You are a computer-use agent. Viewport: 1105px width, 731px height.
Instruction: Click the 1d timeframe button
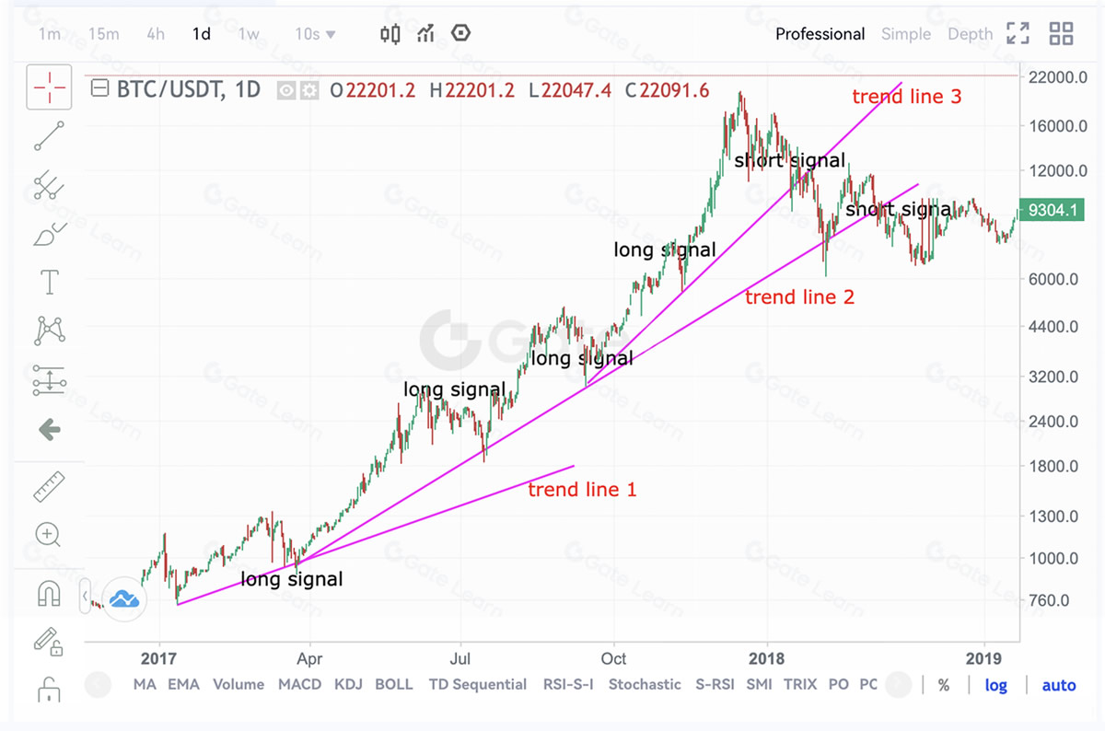click(201, 34)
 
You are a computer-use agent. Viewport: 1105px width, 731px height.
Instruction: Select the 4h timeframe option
click(156, 34)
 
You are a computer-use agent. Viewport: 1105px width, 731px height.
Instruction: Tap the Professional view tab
click(820, 34)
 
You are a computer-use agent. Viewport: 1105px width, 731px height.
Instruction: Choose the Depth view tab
click(970, 34)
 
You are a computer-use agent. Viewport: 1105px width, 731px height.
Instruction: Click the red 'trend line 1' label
click(582, 490)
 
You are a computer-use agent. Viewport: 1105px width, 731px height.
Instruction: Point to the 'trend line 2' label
click(799, 296)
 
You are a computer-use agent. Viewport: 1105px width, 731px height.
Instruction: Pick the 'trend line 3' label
click(906, 96)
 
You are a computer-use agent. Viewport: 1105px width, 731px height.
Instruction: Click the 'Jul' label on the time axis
click(460, 658)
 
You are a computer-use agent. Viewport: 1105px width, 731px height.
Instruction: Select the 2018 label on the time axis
click(766, 658)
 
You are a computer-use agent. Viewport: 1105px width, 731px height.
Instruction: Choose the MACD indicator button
click(300, 684)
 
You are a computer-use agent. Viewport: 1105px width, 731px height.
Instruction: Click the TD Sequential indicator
click(477, 684)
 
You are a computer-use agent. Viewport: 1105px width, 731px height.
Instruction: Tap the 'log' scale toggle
click(995, 685)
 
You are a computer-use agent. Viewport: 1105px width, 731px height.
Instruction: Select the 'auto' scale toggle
click(1058, 685)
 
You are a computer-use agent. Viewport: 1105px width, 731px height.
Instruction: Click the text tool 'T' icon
click(49, 282)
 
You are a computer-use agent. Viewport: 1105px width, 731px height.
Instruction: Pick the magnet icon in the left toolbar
click(49, 594)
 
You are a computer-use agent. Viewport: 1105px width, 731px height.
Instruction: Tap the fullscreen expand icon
click(1018, 34)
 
